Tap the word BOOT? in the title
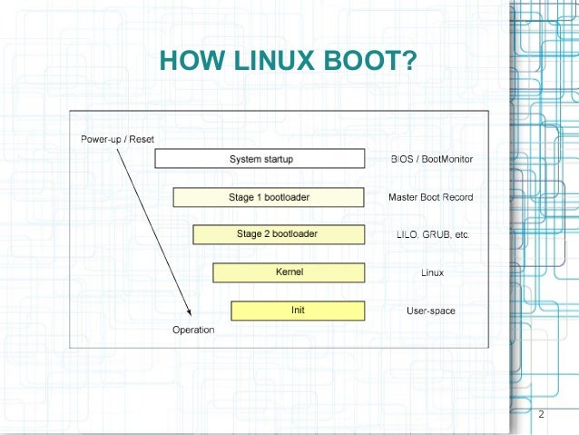(x=372, y=61)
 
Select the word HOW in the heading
(x=189, y=61)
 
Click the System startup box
(x=260, y=159)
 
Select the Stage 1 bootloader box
(x=269, y=197)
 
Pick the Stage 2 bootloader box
(x=278, y=234)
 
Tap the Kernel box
(x=288, y=272)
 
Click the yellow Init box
(x=297, y=311)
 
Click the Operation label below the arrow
(x=193, y=330)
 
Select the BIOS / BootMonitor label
(x=431, y=159)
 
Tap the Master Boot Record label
(x=430, y=197)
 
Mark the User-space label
(x=430, y=311)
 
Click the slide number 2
(x=541, y=415)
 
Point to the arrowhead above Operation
(x=190, y=313)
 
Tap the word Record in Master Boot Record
(x=458, y=197)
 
